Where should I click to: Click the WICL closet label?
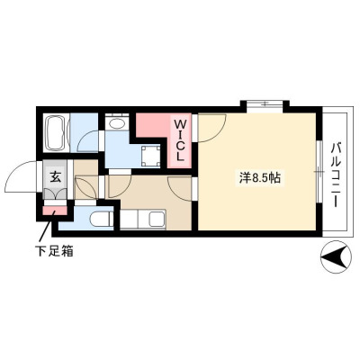(179, 140)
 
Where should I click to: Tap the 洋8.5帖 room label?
(259, 178)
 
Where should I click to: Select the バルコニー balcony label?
(336, 175)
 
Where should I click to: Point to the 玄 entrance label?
(55, 177)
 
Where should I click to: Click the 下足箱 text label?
(54, 250)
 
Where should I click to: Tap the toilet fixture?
(102, 220)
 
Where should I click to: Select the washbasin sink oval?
(117, 122)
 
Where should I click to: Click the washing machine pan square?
(151, 156)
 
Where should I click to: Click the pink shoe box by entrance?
(55, 211)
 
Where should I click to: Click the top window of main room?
(265, 104)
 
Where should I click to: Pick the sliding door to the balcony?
(320, 172)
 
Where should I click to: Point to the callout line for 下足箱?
(47, 227)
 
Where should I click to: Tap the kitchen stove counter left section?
(129, 220)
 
